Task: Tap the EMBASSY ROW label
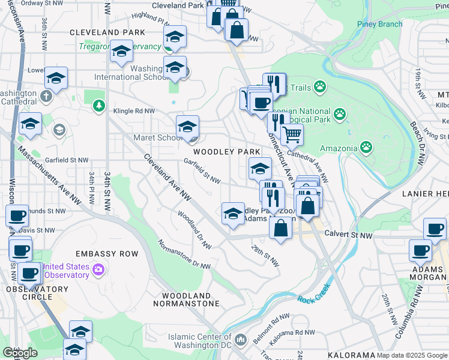tap(106, 254)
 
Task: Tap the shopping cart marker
tap(292, 134)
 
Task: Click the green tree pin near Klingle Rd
tap(98, 106)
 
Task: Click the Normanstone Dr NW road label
tap(184, 254)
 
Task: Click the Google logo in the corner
tap(20, 353)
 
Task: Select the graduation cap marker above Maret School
tap(187, 126)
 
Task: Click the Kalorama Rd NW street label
tap(292, 332)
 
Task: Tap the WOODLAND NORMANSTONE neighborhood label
tap(191, 299)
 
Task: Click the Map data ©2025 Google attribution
tap(412, 355)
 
